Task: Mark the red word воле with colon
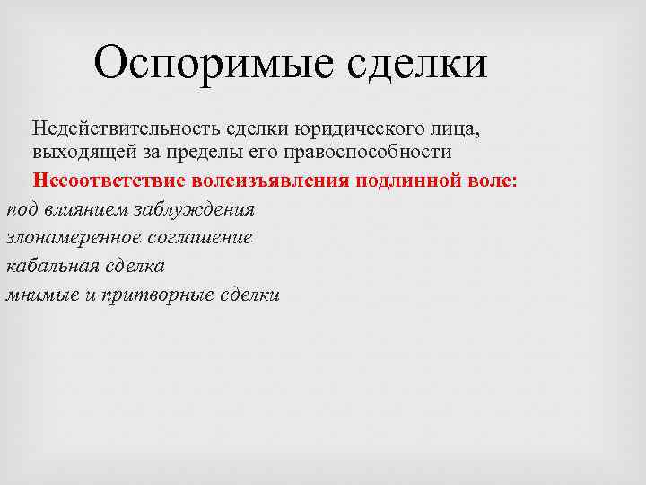click(493, 181)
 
